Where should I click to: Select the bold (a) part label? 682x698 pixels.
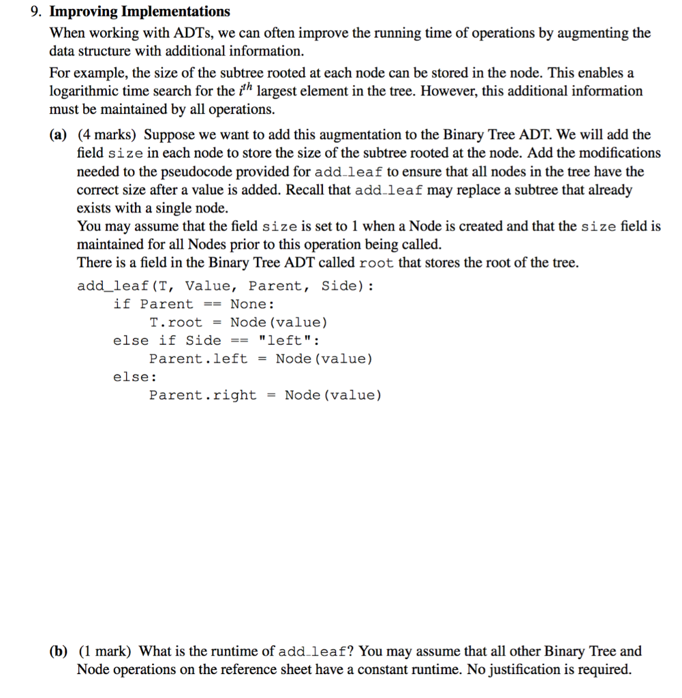pyautogui.click(x=58, y=135)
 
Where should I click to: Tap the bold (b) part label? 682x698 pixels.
pyautogui.click(x=59, y=651)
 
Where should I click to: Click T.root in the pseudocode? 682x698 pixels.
pyautogui.click(x=176, y=322)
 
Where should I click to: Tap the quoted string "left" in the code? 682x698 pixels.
pyautogui.click(x=285, y=340)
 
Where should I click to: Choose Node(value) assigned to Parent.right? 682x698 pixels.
pyautogui.click(x=333, y=395)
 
